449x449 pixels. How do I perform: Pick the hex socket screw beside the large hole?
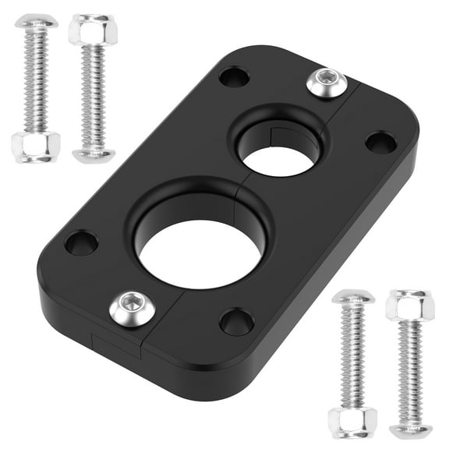click(x=129, y=309)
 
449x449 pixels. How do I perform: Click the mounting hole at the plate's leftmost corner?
click(x=81, y=243)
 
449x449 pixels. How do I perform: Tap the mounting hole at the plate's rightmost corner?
click(x=380, y=142)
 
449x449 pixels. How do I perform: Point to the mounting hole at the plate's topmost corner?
click(x=234, y=77)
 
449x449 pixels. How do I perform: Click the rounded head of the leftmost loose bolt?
click(x=36, y=22)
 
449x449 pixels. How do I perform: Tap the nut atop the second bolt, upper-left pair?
click(x=93, y=30)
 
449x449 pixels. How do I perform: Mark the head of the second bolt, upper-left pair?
click(x=94, y=154)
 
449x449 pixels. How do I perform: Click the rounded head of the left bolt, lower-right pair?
click(x=352, y=298)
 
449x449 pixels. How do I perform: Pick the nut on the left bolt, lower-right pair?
click(x=352, y=422)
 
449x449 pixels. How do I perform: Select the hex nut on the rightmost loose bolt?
click(x=409, y=305)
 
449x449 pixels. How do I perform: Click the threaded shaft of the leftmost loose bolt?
click(x=36, y=82)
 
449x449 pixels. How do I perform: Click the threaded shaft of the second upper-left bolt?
click(x=94, y=97)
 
